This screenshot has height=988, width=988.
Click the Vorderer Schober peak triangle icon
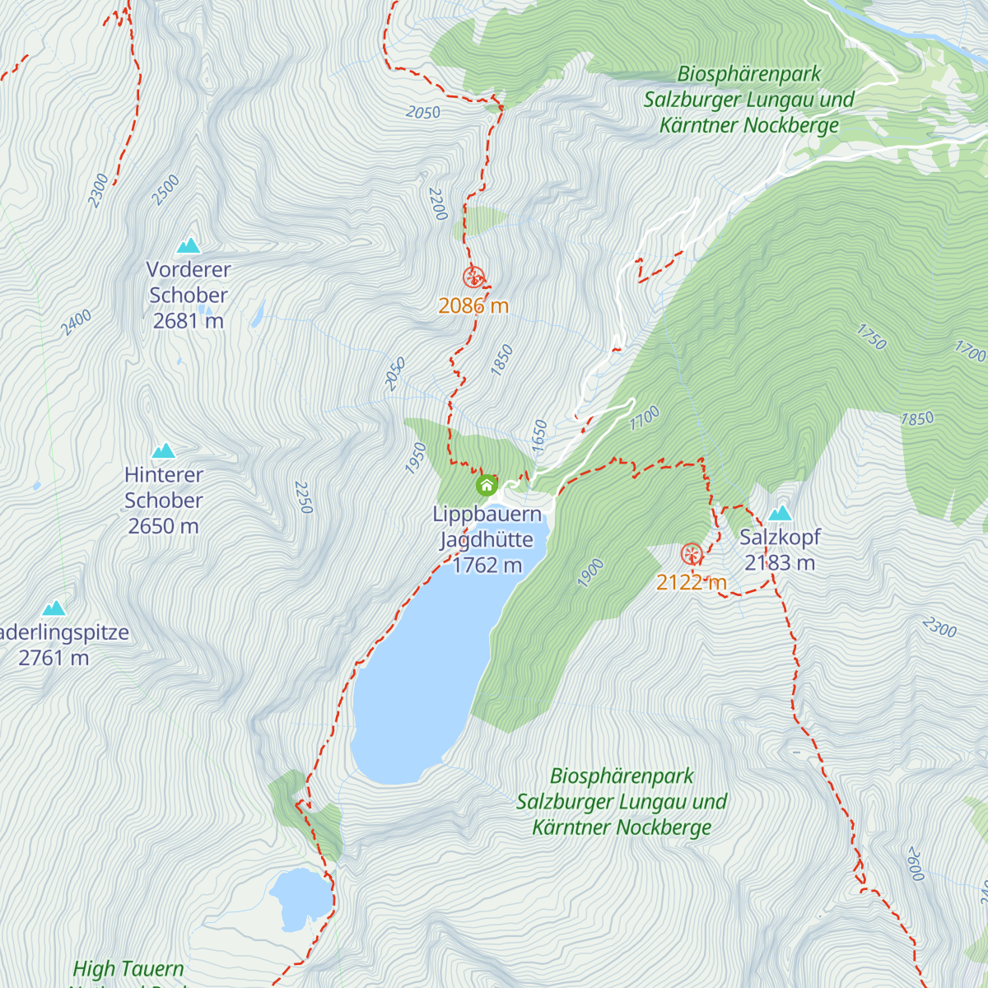(189, 245)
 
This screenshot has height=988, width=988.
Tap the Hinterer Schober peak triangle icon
(164, 450)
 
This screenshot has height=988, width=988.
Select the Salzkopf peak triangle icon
(780, 514)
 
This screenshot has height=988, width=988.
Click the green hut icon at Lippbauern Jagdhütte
(487, 484)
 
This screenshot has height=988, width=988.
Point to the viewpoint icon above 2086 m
(473, 277)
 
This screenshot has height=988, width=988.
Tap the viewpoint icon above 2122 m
(692, 553)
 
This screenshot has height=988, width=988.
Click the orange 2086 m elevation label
(473, 305)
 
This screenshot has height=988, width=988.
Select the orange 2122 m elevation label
(692, 582)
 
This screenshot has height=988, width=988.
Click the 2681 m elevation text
(189, 321)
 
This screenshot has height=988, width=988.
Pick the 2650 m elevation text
(164, 526)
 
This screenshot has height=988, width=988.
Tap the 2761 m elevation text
(54, 658)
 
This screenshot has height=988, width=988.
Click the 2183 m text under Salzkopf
(780, 563)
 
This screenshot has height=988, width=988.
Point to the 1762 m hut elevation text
(487, 565)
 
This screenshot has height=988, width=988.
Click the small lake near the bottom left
(299, 897)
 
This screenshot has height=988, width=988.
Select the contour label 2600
(915, 863)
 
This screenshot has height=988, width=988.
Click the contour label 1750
(871, 337)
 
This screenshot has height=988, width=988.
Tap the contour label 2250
(304, 497)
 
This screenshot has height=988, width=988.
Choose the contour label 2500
(165, 190)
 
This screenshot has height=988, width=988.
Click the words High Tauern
(128, 969)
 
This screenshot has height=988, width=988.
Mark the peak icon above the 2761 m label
(54, 608)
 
